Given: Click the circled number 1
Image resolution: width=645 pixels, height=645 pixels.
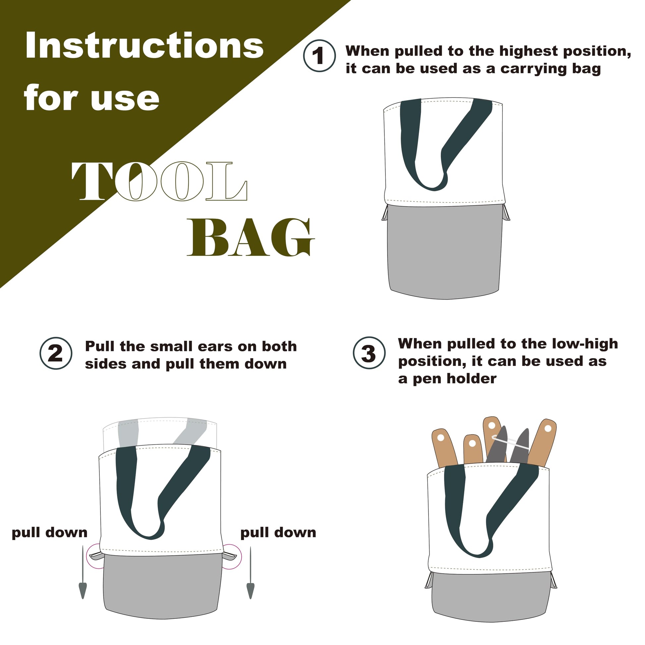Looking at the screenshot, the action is coord(319,56).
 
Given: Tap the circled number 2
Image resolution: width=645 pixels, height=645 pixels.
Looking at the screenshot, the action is coord(56,353).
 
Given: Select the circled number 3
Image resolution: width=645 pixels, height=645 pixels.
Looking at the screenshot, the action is coord(369,353).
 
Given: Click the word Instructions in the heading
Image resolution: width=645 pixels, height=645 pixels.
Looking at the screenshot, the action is coord(144,45).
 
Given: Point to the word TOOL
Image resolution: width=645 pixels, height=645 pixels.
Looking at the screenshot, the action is coord(159,181).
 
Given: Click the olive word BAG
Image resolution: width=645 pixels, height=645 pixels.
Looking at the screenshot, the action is coord(250,237).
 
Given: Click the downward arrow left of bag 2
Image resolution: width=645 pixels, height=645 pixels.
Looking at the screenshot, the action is coord(83,572).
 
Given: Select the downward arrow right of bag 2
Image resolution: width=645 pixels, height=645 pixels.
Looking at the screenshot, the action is coord(250,572).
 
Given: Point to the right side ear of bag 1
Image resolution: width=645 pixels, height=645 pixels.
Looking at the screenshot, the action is coord(506,212).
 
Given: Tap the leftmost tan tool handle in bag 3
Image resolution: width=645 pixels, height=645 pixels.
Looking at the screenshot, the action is coord(443,447).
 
